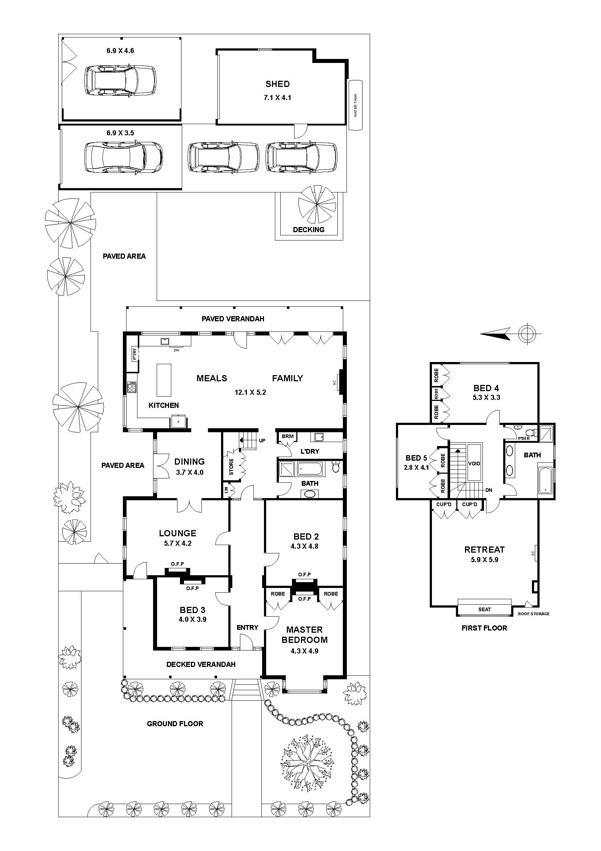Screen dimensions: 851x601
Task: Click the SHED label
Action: coord(277,84)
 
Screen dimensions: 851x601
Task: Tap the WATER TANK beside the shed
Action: coord(355,105)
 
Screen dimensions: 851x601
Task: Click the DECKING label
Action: coord(308,230)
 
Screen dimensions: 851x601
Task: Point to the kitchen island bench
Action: coord(164,380)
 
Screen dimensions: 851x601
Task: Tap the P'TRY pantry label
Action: coord(135,354)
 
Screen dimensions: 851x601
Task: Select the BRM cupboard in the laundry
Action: coord(287,436)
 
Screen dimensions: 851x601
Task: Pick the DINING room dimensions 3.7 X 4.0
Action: coord(189,473)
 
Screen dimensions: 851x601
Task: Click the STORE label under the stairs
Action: coord(231,467)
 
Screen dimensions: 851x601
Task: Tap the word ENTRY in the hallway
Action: coord(247,628)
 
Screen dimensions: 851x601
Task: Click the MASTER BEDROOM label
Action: coord(304,635)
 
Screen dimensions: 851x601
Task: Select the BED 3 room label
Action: coord(193,610)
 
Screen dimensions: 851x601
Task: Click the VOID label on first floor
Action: coord(474,464)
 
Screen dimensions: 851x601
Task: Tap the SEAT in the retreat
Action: coord(484,609)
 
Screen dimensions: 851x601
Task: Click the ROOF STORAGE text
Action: coord(534,614)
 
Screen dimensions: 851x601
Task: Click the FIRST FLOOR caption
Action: coord(484,628)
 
